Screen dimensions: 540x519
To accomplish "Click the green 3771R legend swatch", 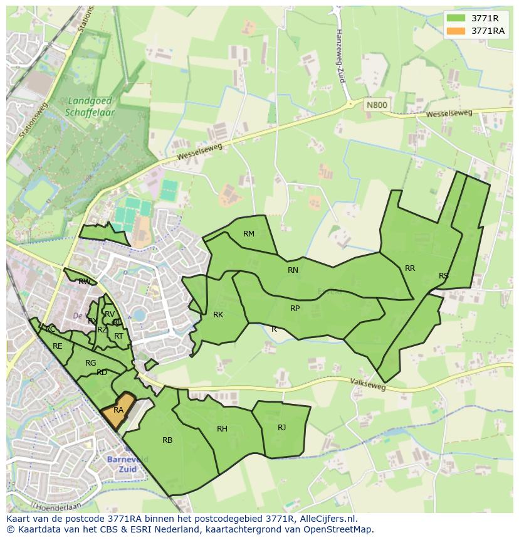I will point(456,18).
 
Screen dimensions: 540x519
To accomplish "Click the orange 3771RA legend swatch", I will point(456,31).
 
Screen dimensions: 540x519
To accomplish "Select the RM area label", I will point(249,234).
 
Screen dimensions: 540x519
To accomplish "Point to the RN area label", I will point(293,270).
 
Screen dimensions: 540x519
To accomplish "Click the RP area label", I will point(295,309).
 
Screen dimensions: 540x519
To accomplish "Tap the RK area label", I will point(218,315).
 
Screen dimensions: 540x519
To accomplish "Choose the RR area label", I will point(410,268).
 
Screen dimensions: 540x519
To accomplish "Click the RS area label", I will point(444,276).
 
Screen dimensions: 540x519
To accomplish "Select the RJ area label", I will point(282,428).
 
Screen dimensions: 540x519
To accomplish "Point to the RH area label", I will point(222,429).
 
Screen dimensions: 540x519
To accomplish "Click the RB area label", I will point(167,440).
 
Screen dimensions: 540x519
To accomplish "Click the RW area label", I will point(84,282).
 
